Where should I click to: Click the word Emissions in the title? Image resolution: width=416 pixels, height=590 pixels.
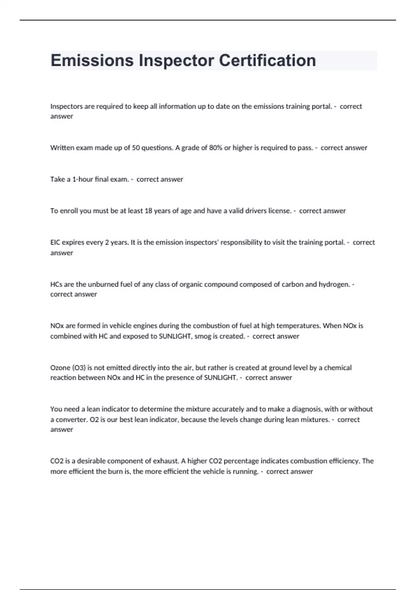(92, 60)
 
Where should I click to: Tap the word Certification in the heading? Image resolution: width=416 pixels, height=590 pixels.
(267, 60)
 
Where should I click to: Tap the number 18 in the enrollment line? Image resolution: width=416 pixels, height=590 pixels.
(148, 211)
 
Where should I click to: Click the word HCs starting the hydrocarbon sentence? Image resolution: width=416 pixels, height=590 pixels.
(56, 285)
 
